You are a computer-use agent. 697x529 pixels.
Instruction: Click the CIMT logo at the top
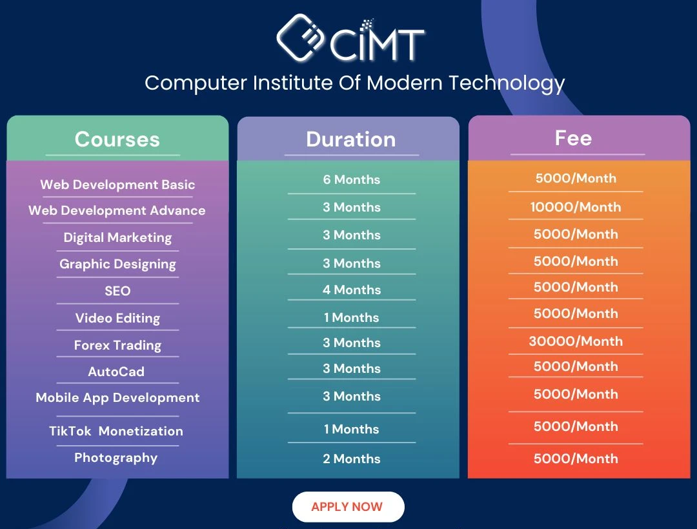350,38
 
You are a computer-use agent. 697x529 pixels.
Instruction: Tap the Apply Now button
348,507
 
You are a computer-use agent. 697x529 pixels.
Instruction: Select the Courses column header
117,139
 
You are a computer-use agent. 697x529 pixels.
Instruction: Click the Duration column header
350,139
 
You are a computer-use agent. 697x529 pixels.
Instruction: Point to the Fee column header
574,138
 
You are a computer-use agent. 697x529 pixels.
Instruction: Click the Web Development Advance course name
117,210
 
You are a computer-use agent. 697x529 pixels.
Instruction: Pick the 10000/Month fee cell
576,207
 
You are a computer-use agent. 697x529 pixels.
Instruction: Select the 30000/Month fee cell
576,341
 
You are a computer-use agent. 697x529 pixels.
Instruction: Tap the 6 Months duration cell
352,179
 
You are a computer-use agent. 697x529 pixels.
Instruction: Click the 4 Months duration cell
352,290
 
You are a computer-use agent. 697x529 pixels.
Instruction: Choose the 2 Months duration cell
352,459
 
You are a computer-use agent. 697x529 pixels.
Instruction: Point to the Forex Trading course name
118,345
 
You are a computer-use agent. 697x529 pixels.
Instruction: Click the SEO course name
118,291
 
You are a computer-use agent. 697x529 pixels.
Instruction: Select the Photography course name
116,458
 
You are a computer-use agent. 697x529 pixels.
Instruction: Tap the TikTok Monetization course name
116,431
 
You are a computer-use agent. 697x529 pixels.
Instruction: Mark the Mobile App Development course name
118,397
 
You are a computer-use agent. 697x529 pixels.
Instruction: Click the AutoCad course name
116,372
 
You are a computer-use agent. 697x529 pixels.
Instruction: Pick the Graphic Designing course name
118,264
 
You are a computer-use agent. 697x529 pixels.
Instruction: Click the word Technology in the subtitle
507,83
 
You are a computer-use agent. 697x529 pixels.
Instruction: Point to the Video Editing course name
118,318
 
